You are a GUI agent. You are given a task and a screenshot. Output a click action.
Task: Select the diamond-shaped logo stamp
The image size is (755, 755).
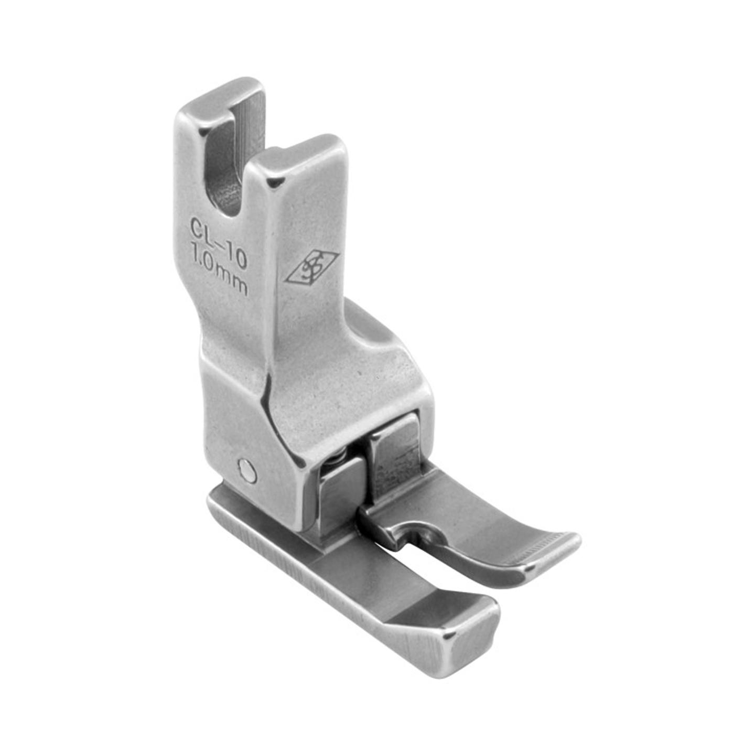click(x=311, y=268)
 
